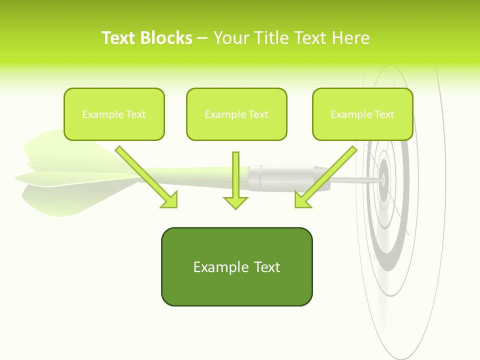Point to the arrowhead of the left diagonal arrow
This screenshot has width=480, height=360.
pos(170,200)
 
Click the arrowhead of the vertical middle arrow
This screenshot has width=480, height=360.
pos(235,202)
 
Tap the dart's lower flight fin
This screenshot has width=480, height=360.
pos(60,200)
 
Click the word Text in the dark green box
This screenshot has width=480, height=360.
pos(266,267)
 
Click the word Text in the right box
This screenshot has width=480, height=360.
pos(384,114)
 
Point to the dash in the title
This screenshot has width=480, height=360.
pos(202,38)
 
